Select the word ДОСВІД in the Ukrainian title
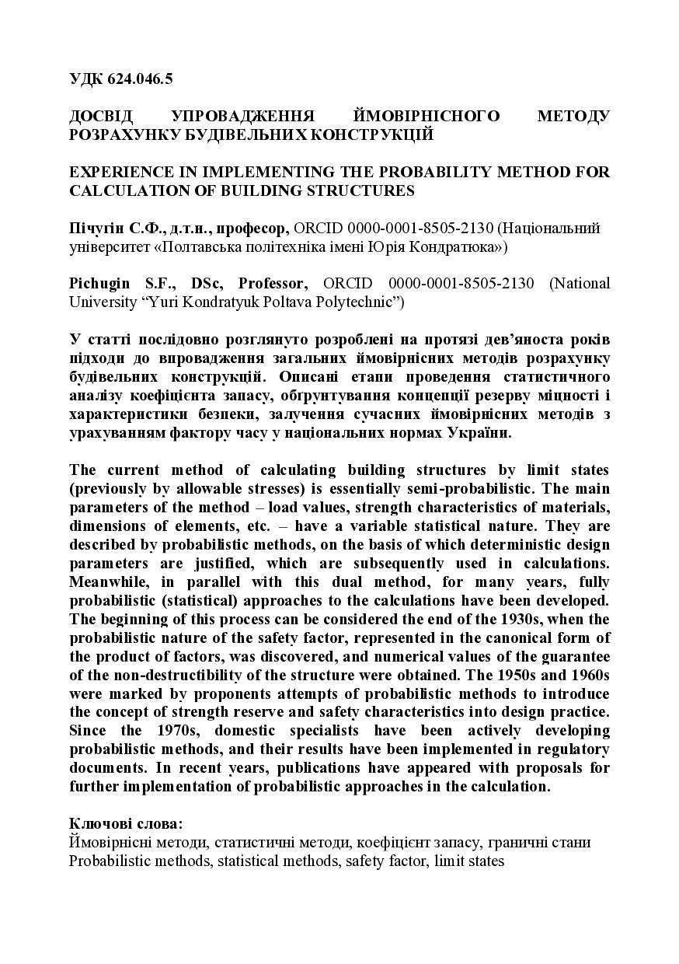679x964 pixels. coord(102,117)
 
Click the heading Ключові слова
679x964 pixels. coord(126,823)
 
